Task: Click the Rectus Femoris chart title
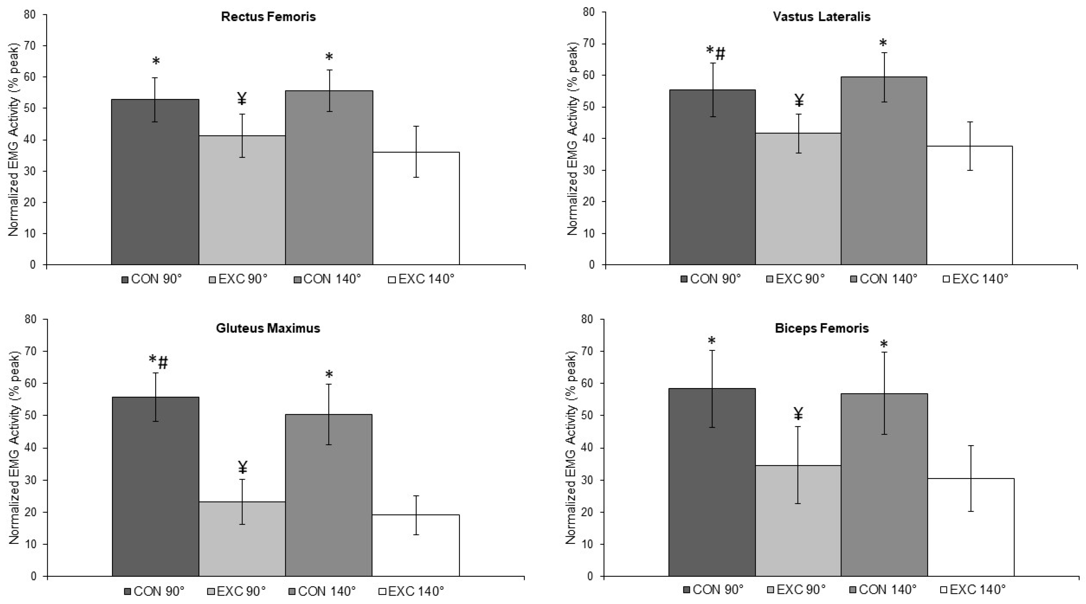[268, 17]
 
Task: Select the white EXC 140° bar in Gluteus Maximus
[416, 548]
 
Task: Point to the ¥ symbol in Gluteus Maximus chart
[242, 467]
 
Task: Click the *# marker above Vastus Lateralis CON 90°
[716, 53]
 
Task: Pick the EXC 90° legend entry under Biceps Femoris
[796, 589]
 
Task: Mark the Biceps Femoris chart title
[822, 328]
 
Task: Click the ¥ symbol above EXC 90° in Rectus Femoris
[242, 99]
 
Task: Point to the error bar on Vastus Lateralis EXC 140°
[970, 146]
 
